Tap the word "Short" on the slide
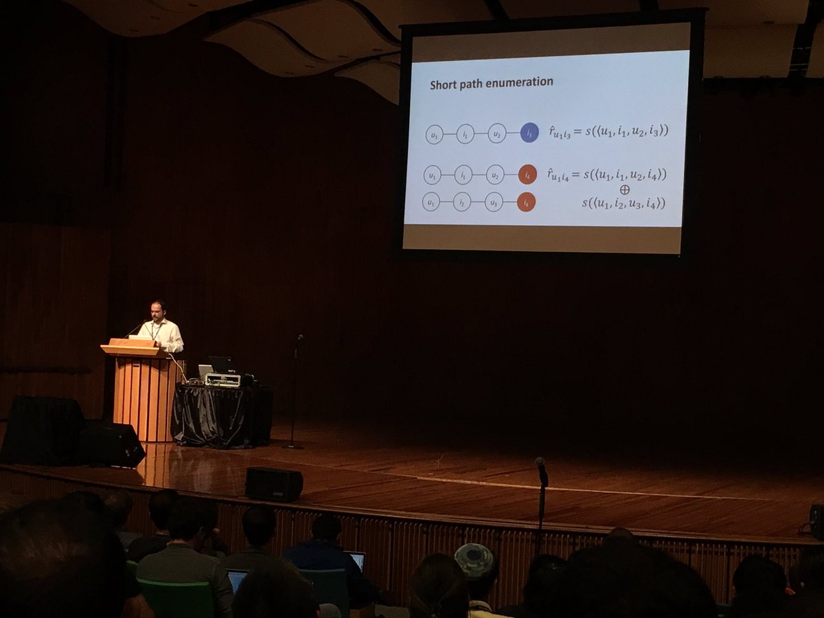pyautogui.click(x=443, y=84)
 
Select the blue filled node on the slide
pyautogui.click(x=529, y=133)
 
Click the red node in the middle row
pyautogui.click(x=527, y=174)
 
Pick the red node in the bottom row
pyautogui.click(x=526, y=202)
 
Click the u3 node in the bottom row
pyautogui.click(x=494, y=202)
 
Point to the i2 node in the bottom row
pyautogui.click(x=462, y=202)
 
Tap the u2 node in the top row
pyautogui.click(x=496, y=133)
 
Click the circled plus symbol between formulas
pyautogui.click(x=624, y=189)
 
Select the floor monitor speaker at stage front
pyautogui.click(x=274, y=484)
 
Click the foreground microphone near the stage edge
pyautogui.click(x=542, y=471)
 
